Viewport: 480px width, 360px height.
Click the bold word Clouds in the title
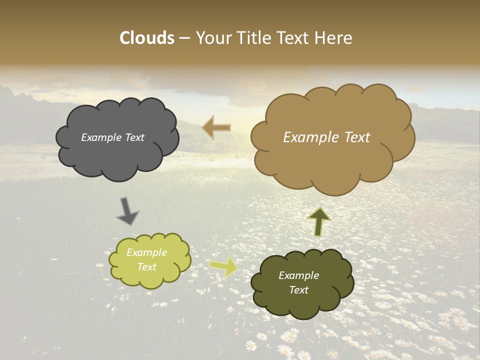pos(147,38)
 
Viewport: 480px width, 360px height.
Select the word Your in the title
pos(212,38)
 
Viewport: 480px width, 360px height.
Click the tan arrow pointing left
pos(216,128)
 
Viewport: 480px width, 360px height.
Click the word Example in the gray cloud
pos(100,137)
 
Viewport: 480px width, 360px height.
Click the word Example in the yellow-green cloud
pos(147,253)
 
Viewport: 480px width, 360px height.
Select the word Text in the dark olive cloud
pos(299,290)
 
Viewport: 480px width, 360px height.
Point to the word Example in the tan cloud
pos(307,137)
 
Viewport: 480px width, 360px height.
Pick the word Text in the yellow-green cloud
pos(147,267)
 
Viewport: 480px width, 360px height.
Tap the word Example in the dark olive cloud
pos(299,276)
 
